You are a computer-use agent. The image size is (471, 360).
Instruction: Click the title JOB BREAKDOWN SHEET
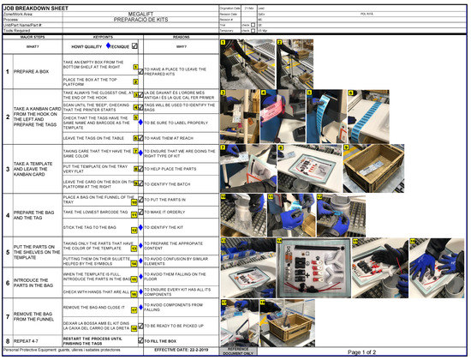37,6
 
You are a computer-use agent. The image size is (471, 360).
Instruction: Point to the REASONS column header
181,37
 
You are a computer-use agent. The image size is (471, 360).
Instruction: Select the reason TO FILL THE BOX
168,342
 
